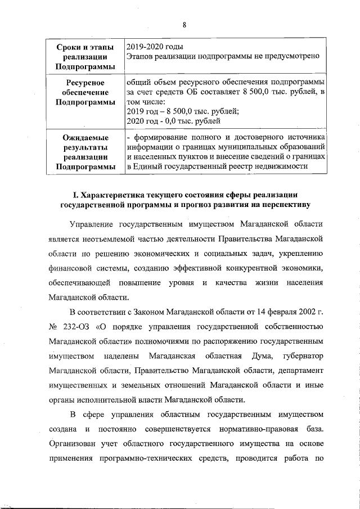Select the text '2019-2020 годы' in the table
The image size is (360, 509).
(x=154, y=46)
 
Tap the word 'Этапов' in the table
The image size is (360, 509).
(x=141, y=56)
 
